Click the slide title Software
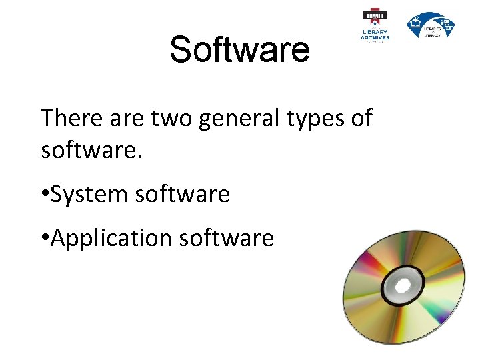pos(239,50)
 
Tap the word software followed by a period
pos(91,150)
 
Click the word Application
pos(111,238)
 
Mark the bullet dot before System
pos(45,195)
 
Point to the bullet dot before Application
pos(45,238)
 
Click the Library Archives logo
pos(375,25)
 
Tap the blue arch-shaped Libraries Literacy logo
pos(431,25)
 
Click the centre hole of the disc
pos(402,286)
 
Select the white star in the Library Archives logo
pos(375,17)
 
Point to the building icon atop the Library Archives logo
pos(375,15)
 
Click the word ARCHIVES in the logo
pos(375,37)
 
